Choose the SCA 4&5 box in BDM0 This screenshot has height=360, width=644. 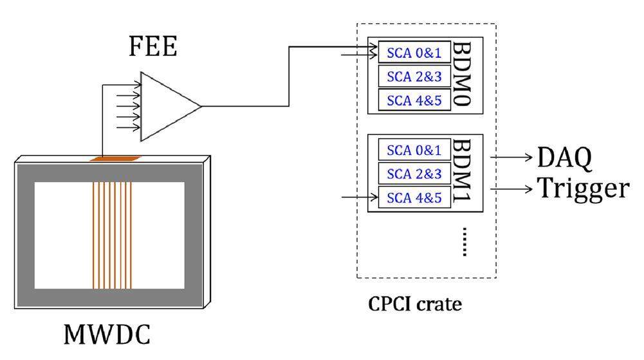pos(414,99)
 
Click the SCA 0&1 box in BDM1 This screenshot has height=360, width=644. pos(414,150)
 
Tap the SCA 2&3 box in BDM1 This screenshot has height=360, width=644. pos(414,174)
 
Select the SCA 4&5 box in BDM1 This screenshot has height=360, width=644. pos(414,197)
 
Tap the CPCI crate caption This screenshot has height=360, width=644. pos(415,303)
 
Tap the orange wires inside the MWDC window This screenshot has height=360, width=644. pos(112,235)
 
